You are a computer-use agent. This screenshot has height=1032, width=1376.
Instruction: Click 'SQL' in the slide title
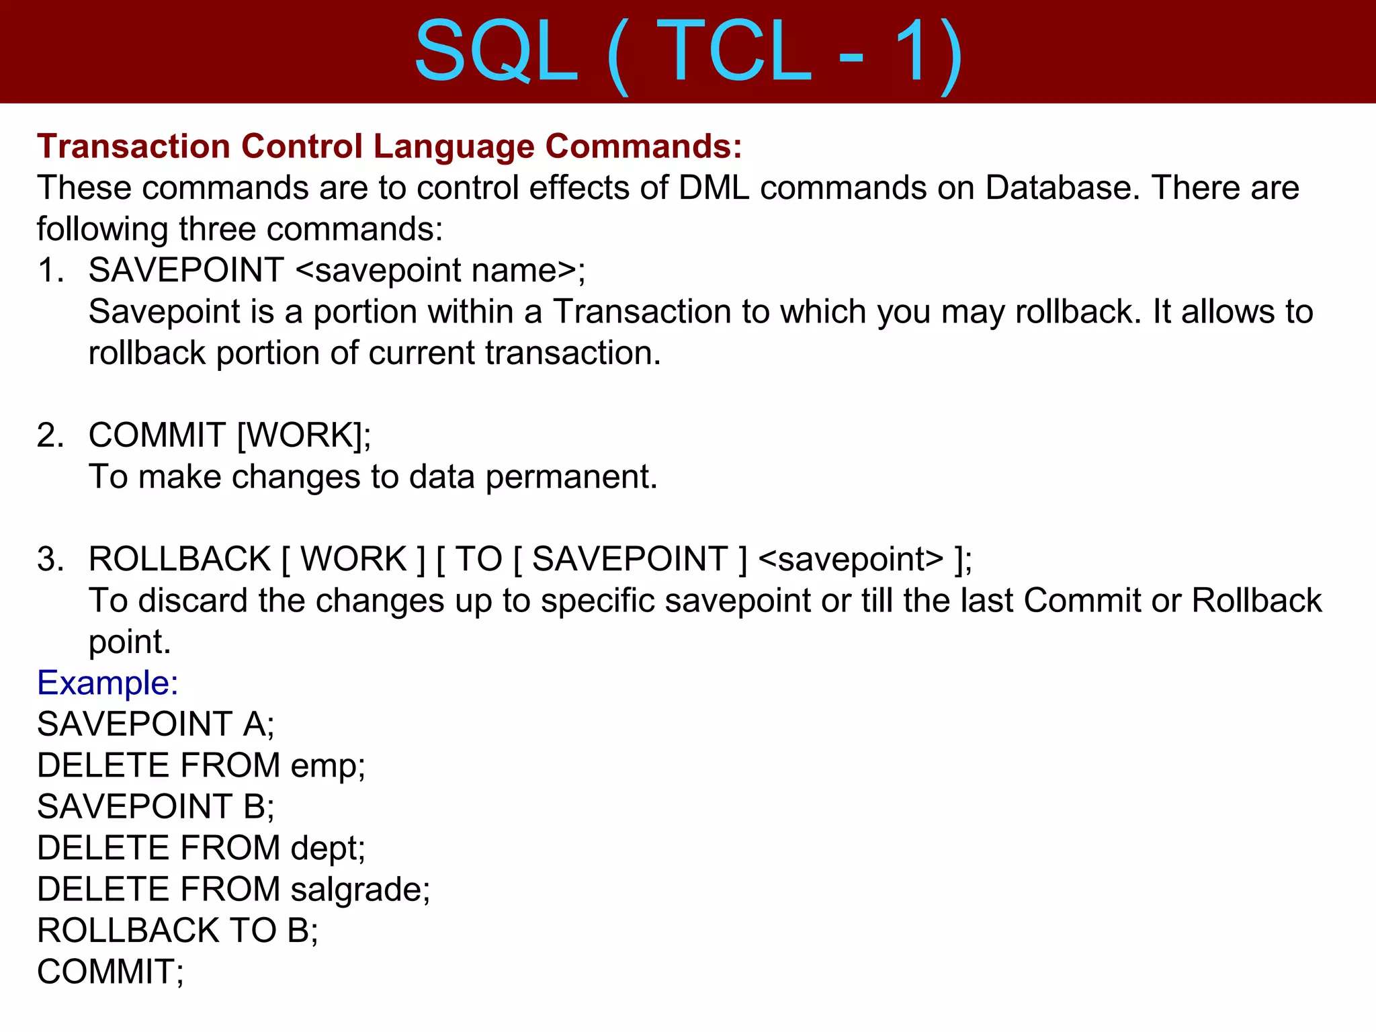[496, 52]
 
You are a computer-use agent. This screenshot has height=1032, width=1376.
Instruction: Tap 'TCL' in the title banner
[736, 52]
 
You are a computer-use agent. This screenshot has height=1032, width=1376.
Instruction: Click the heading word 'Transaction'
[134, 146]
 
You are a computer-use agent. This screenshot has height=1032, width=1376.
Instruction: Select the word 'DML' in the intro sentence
[714, 187]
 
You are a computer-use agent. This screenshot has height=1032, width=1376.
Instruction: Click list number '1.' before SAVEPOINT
[50, 270]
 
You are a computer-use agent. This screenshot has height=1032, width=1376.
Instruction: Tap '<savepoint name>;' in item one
[440, 270]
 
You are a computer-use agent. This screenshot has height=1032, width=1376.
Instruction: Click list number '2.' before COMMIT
[50, 435]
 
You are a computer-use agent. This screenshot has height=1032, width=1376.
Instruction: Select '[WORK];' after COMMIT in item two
[304, 435]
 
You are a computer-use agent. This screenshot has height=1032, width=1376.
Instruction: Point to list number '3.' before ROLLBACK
[50, 559]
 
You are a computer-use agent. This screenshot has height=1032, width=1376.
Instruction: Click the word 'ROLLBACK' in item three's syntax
[179, 559]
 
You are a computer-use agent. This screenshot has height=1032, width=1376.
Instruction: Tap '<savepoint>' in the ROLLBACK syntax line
[851, 559]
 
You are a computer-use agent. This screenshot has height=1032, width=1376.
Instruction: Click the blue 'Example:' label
[107, 683]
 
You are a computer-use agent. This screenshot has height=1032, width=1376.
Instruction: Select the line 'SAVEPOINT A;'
[155, 724]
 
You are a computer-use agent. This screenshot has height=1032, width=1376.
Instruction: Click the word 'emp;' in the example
[328, 766]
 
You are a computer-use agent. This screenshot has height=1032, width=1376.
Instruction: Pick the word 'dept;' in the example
[328, 849]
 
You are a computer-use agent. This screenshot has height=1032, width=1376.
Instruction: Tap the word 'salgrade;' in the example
[360, 890]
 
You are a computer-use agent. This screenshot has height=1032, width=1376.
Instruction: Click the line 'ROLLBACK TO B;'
[177, 931]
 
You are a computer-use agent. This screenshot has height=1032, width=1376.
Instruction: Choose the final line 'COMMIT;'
[110, 972]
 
